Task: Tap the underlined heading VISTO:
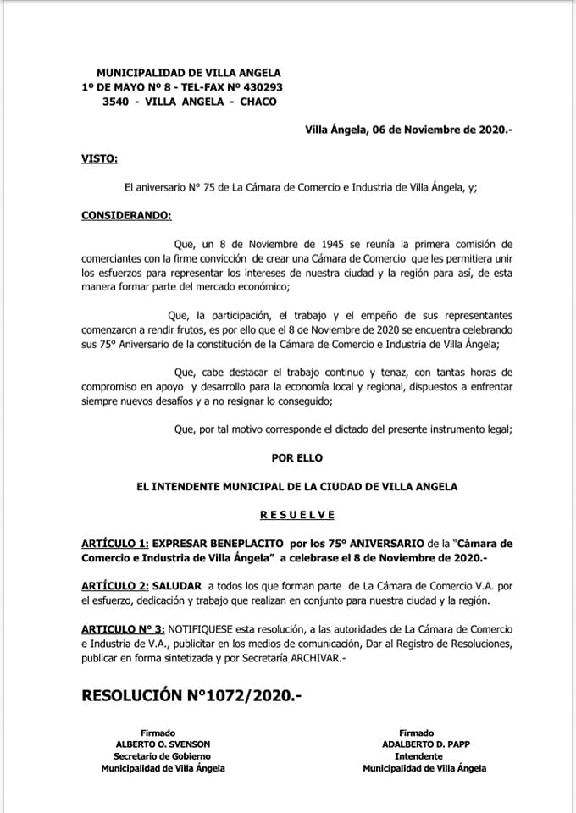pos(99,159)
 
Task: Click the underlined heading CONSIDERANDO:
pos(125,216)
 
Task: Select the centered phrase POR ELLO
pos(296,458)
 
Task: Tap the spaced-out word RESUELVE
pos(296,514)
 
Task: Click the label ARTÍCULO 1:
pos(115,543)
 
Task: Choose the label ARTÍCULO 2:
pos(115,586)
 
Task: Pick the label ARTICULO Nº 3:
pos(123,630)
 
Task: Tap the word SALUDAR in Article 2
pos(176,586)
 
